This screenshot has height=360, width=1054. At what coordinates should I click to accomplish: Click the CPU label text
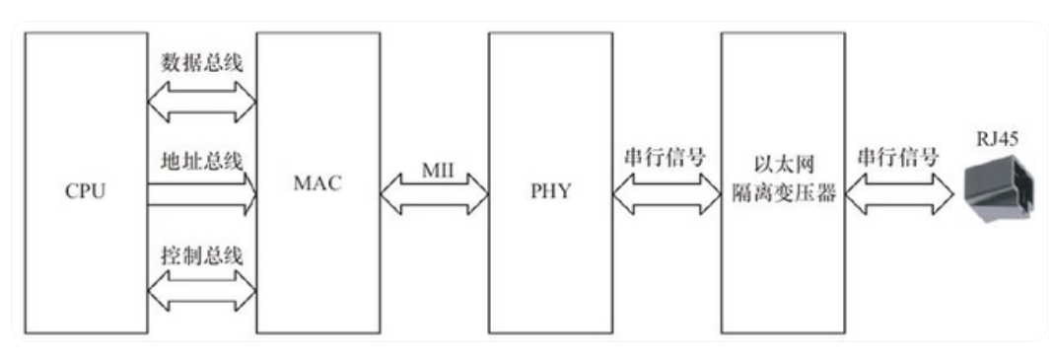pos(86,191)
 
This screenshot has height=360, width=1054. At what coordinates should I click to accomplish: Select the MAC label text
pos(317,183)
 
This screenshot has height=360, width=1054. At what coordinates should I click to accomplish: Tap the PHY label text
pos(550,191)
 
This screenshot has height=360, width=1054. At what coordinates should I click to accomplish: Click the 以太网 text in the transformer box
pos(783,168)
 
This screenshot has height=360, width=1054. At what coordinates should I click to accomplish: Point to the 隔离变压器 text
pos(783,194)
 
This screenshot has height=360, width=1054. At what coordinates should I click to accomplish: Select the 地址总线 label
pos(202,162)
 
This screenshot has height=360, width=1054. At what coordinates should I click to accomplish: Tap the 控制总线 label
pos(202,256)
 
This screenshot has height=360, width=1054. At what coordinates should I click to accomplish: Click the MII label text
pos(438,170)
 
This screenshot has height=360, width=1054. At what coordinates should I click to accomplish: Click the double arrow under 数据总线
pos(202,103)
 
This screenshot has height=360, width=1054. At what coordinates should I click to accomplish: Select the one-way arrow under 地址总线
pos(202,193)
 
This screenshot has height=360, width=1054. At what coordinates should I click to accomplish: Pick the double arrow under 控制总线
pos(202,291)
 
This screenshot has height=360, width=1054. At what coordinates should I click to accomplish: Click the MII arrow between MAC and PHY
pos(434,193)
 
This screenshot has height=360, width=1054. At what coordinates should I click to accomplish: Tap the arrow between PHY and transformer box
pos(667,193)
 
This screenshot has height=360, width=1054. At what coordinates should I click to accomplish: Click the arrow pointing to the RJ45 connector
pos(899,193)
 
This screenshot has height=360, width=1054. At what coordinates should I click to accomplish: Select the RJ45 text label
pos(998,139)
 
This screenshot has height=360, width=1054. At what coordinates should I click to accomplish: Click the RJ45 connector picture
pos(998,186)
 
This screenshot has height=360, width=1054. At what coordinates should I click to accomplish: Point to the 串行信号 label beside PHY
pos(666,159)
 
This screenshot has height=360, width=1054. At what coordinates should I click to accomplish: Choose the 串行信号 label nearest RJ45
pos(898,159)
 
